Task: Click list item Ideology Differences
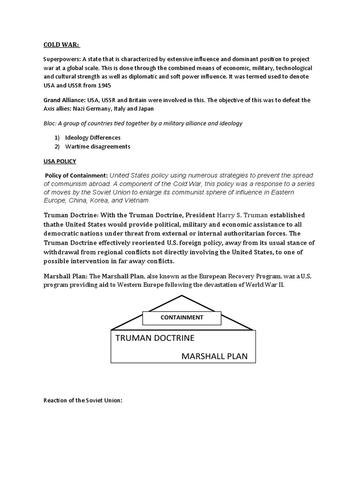(x=93, y=138)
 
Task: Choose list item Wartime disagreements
(x=97, y=146)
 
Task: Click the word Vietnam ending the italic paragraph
(x=138, y=200)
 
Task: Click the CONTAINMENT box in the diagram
(x=182, y=317)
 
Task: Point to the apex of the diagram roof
(x=182, y=296)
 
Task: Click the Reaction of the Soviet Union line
(x=82, y=401)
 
